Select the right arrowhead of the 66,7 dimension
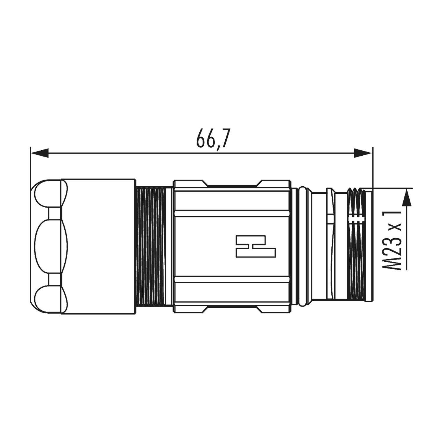coord(363,153)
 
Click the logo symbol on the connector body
coord(255,246)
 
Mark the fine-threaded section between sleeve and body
coord(151,246)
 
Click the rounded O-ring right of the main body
coord(303,246)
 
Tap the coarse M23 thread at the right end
coord(356,246)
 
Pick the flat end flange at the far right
coord(368,246)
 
